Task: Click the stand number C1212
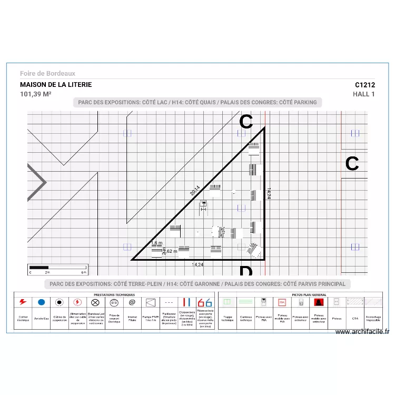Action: pyautogui.click(x=364, y=84)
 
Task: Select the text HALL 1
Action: pyautogui.click(x=364, y=94)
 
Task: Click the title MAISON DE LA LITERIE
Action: pyautogui.click(x=56, y=84)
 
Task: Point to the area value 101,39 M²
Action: pyautogui.click(x=36, y=94)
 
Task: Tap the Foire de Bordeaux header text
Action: pyautogui.click(x=48, y=74)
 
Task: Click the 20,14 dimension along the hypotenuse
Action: pyautogui.click(x=195, y=191)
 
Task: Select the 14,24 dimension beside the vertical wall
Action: pyautogui.click(x=269, y=193)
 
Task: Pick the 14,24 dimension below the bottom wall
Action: pyautogui.click(x=197, y=264)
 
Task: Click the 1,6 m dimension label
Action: pyautogui.click(x=157, y=243)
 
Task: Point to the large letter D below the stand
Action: pyautogui.click(x=245, y=272)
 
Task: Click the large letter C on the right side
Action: pyautogui.click(x=352, y=164)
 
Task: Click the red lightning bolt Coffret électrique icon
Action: pyautogui.click(x=23, y=302)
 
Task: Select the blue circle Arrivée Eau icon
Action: pyautogui.click(x=41, y=302)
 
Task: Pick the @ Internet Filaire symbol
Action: pyautogui.click(x=132, y=302)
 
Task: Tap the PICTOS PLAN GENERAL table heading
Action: pyautogui.click(x=309, y=295)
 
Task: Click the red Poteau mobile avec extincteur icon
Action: pyautogui.click(x=318, y=302)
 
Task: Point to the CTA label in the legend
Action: pyautogui.click(x=355, y=318)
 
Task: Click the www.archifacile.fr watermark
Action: pyautogui.click(x=362, y=332)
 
